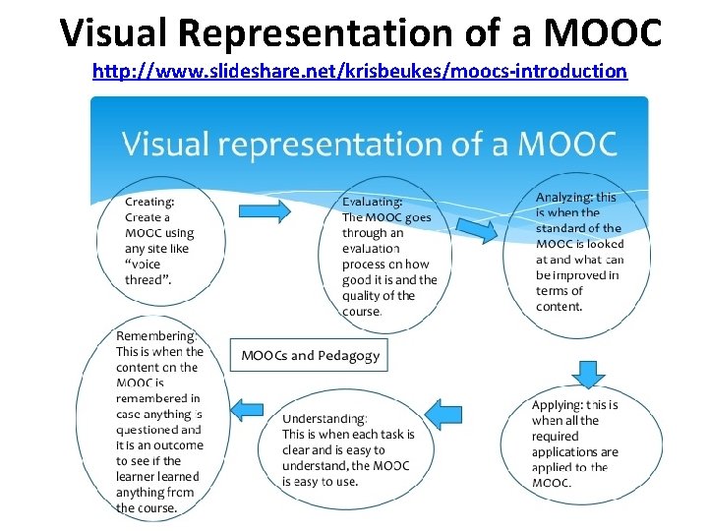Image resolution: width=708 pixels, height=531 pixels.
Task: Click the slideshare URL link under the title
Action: click(x=359, y=72)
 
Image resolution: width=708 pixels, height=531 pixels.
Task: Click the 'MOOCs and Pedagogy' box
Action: click(x=310, y=355)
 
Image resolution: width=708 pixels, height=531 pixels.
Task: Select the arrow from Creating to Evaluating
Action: click(x=264, y=209)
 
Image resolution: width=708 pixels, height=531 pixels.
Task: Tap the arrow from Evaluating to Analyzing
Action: click(x=476, y=227)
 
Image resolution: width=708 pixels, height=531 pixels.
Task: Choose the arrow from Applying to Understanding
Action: click(x=443, y=413)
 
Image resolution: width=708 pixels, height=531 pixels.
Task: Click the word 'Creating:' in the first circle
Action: click(x=149, y=202)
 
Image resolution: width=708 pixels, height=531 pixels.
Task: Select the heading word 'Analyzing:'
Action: click(x=563, y=197)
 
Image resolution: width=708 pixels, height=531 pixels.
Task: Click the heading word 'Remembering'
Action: click(x=154, y=335)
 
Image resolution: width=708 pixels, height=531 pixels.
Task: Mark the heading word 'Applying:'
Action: click(x=557, y=404)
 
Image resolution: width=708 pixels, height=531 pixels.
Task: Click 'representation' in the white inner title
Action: click(x=326, y=145)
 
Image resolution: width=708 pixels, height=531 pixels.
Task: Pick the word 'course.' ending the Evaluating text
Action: click(x=362, y=312)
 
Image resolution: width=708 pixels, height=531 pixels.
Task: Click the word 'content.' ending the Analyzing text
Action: click(x=560, y=307)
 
